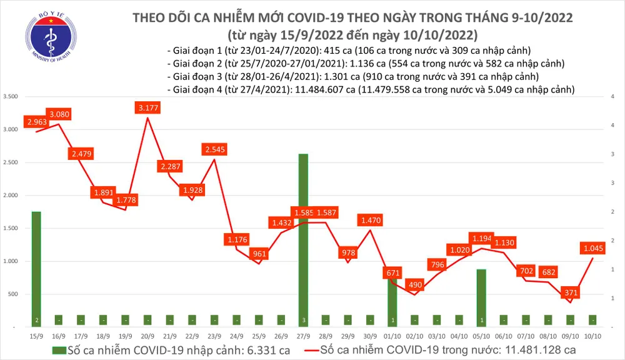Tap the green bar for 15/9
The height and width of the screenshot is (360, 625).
36,269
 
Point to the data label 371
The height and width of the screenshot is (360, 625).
571,292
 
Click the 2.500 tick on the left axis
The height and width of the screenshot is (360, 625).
11,162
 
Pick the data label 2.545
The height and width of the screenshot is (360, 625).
214,149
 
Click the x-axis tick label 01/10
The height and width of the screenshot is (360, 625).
392,336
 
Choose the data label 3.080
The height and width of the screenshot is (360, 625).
61,114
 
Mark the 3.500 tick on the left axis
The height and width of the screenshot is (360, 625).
11,97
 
